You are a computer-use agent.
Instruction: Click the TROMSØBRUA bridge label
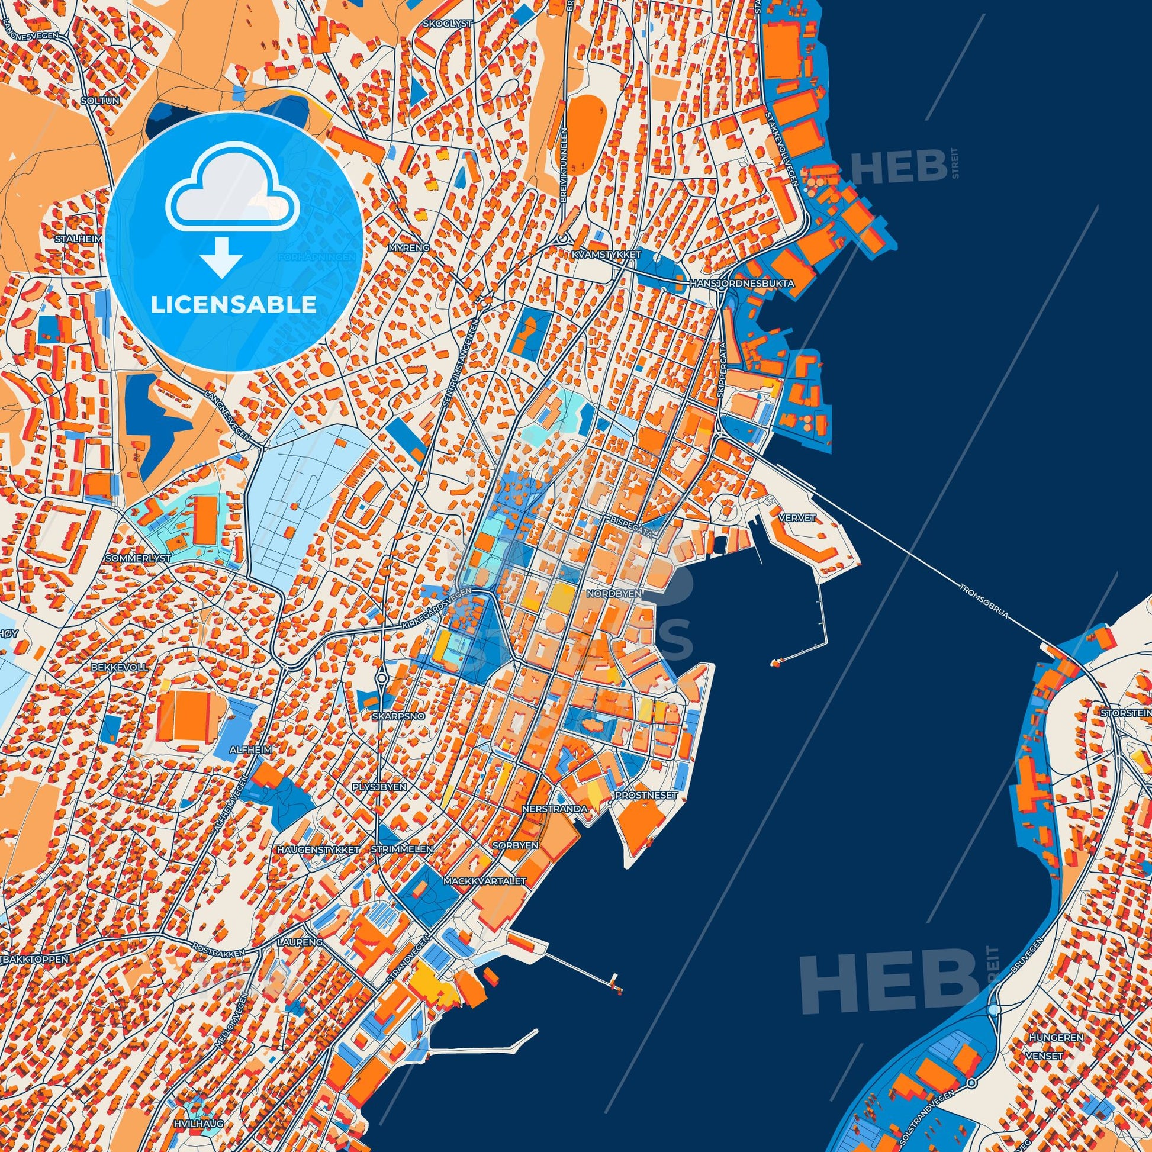(984, 603)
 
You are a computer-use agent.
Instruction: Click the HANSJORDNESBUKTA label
(741, 284)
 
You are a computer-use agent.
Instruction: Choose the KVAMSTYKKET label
(604, 255)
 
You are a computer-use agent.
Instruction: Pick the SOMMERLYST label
(137, 559)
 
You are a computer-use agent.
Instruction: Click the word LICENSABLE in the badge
(233, 305)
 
